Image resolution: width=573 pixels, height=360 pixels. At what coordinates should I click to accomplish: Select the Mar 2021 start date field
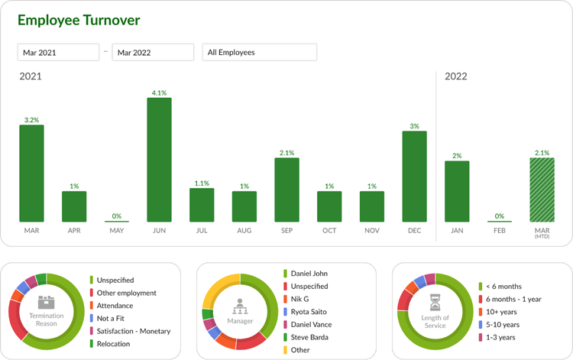point(59,53)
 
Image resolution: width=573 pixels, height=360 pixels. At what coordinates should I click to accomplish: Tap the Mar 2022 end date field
point(153,53)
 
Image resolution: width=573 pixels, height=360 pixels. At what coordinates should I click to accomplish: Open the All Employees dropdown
point(260,53)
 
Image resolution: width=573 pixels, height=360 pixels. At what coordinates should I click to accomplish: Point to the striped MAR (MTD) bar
point(542,190)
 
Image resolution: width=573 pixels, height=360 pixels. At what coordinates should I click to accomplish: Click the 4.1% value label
point(159,92)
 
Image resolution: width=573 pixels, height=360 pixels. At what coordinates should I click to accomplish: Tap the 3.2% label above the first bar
point(31,120)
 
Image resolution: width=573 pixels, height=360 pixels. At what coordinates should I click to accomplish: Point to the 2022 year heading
point(455,76)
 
